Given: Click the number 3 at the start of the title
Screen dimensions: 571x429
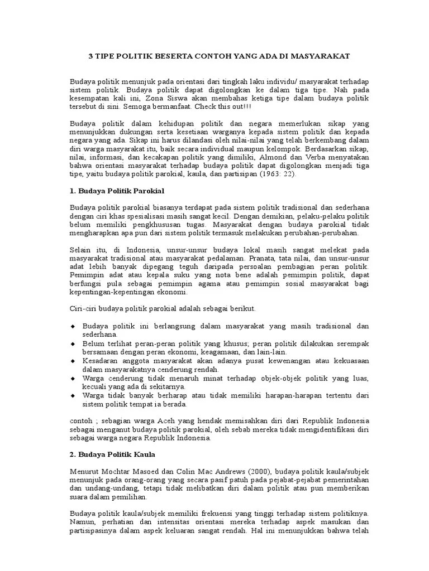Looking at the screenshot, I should pos(92,57).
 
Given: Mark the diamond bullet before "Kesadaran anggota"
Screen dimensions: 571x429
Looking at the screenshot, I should pos(73,361).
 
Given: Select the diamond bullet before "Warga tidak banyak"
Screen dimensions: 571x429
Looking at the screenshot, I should pos(73,395).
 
